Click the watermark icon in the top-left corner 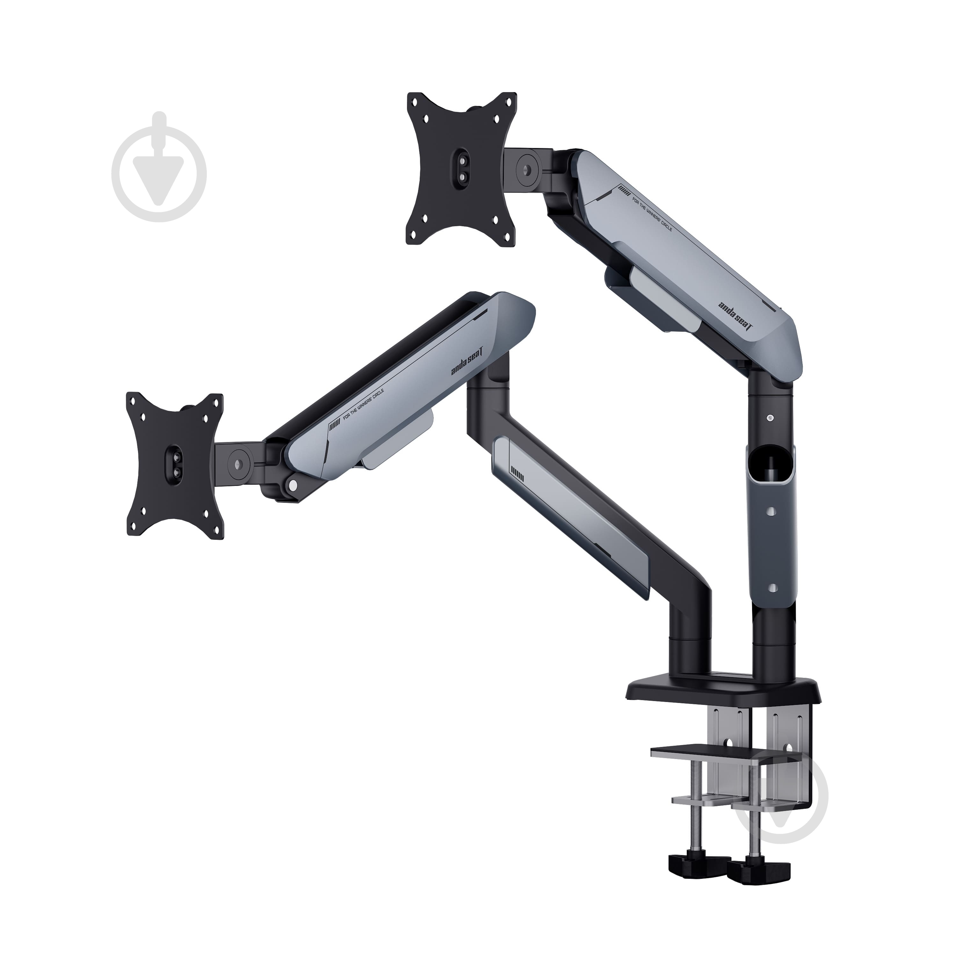coord(158,167)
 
